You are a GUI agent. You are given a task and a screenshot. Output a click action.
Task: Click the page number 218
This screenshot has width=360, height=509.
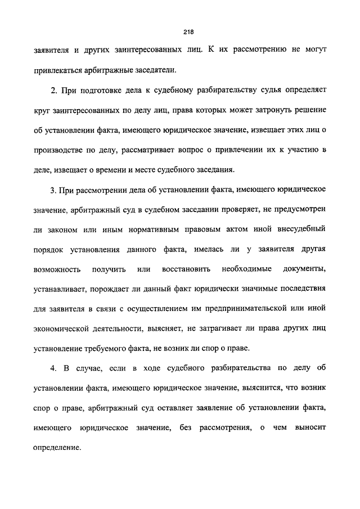(180, 31)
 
